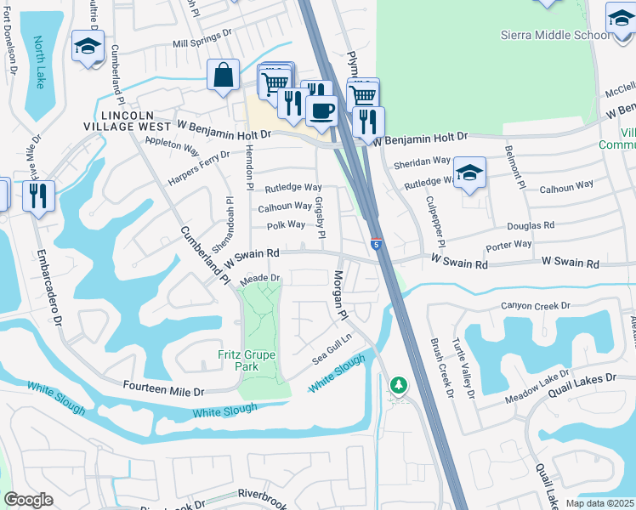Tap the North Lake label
(39, 63)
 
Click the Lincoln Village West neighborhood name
(128, 121)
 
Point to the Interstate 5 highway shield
(376, 244)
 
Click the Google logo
(28, 500)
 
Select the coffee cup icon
(321, 110)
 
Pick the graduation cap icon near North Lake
(88, 46)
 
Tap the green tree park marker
(398, 386)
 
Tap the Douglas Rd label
(531, 226)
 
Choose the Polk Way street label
(286, 225)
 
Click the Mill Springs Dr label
(202, 42)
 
